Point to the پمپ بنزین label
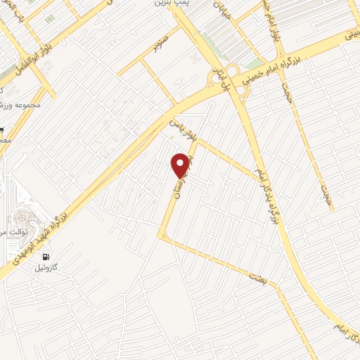(x=173, y=4)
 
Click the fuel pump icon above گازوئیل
(x=46, y=257)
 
